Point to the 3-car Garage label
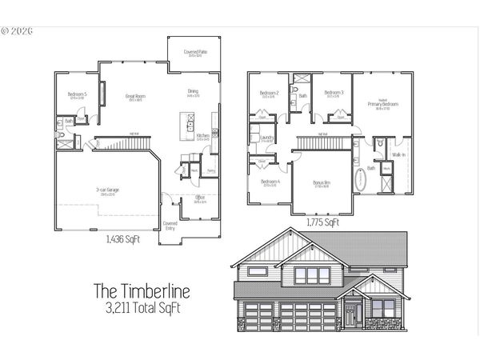(x=107, y=190)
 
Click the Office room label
(x=200, y=198)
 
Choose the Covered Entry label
(x=170, y=226)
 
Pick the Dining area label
(x=194, y=91)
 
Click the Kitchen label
(x=203, y=136)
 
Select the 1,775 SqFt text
(x=322, y=223)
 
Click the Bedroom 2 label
(x=268, y=93)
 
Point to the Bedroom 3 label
(x=334, y=93)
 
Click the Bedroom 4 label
(x=270, y=182)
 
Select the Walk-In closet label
(x=398, y=154)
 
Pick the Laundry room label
(x=268, y=138)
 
